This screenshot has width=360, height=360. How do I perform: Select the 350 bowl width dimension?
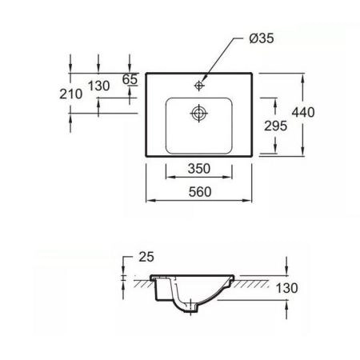pos(199,169)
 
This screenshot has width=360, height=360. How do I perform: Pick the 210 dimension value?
pos(71,94)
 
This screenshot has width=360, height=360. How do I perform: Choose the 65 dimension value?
pos(130,78)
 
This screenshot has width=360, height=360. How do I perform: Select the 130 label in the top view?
pos(98,86)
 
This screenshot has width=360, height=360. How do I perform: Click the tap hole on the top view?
pos(200,82)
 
